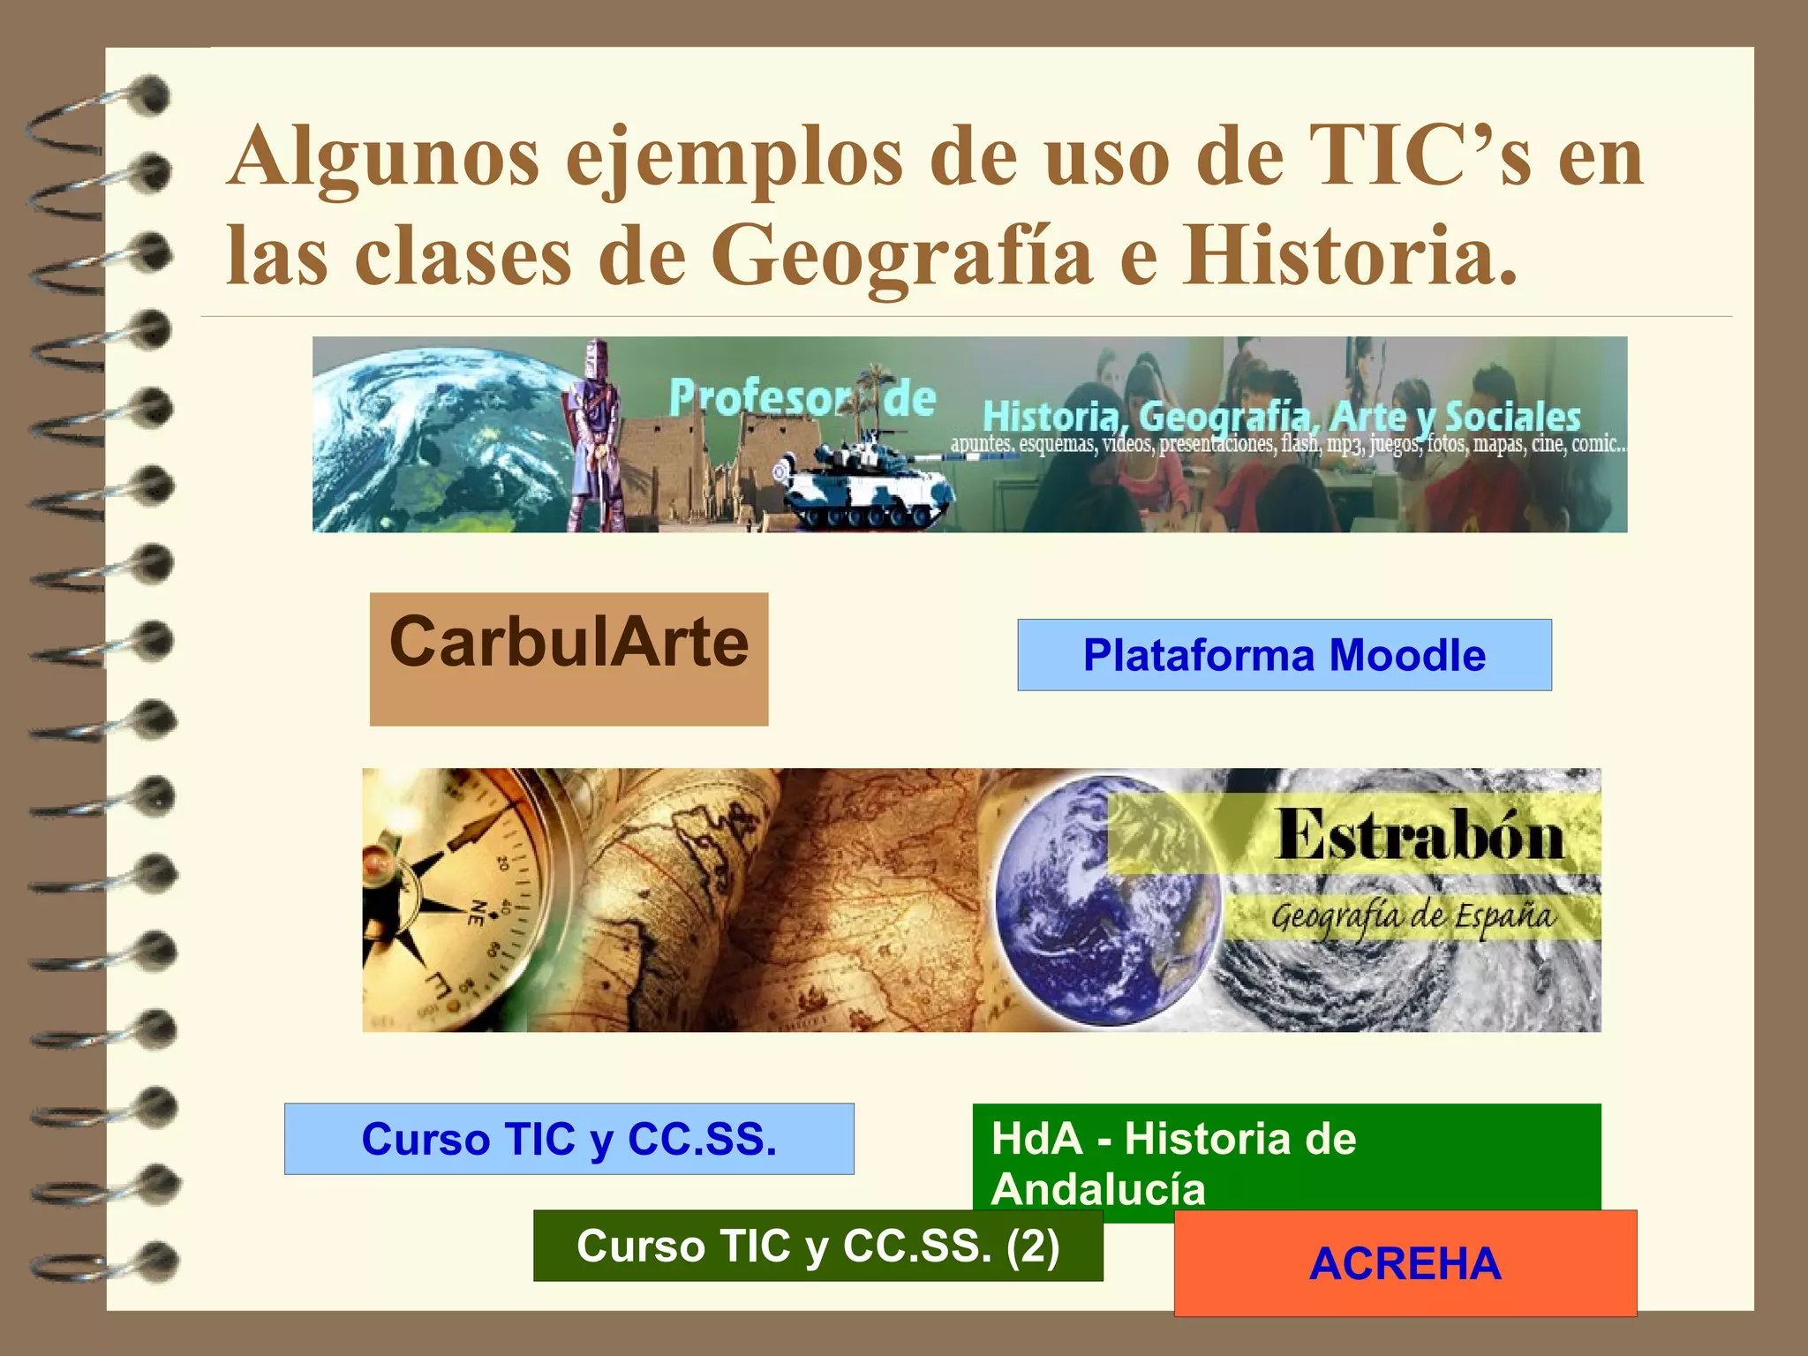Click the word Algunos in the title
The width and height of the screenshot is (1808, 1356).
383,156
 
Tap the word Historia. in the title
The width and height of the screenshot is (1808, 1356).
1351,255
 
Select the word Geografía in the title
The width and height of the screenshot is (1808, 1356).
902,255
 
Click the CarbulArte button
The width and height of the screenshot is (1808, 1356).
569,659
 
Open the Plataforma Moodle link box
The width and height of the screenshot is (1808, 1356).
1284,655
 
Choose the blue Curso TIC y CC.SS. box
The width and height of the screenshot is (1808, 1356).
569,1139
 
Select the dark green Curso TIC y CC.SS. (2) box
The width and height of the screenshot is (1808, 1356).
817,1246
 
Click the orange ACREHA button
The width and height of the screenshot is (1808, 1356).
1405,1263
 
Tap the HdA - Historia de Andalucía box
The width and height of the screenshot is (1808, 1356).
1285,1156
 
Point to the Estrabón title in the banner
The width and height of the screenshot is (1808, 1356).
1420,835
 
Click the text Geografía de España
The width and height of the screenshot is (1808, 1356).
1412,916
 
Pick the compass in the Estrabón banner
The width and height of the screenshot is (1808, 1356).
450,900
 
